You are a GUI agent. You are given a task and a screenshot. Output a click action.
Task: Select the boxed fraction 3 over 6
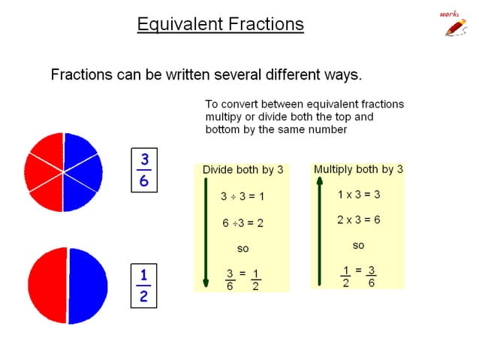pyautogui.click(x=144, y=171)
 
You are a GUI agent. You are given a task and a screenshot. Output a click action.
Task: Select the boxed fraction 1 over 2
pyautogui.click(x=144, y=286)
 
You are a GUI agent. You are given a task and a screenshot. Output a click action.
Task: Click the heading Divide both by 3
pyautogui.click(x=243, y=170)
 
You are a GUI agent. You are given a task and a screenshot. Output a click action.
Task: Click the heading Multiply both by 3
pyautogui.click(x=358, y=169)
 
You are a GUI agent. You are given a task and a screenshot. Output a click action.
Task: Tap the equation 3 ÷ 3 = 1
pyautogui.click(x=243, y=196)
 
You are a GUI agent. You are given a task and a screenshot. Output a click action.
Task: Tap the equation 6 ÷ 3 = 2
pyautogui.click(x=243, y=223)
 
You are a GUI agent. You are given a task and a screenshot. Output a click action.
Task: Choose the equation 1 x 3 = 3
pyautogui.click(x=358, y=194)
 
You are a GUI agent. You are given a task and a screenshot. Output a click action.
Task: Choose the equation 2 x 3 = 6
pyautogui.click(x=358, y=219)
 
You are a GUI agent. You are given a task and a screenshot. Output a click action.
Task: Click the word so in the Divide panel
pyautogui.click(x=243, y=249)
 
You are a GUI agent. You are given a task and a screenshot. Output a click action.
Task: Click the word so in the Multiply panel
pyautogui.click(x=358, y=245)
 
